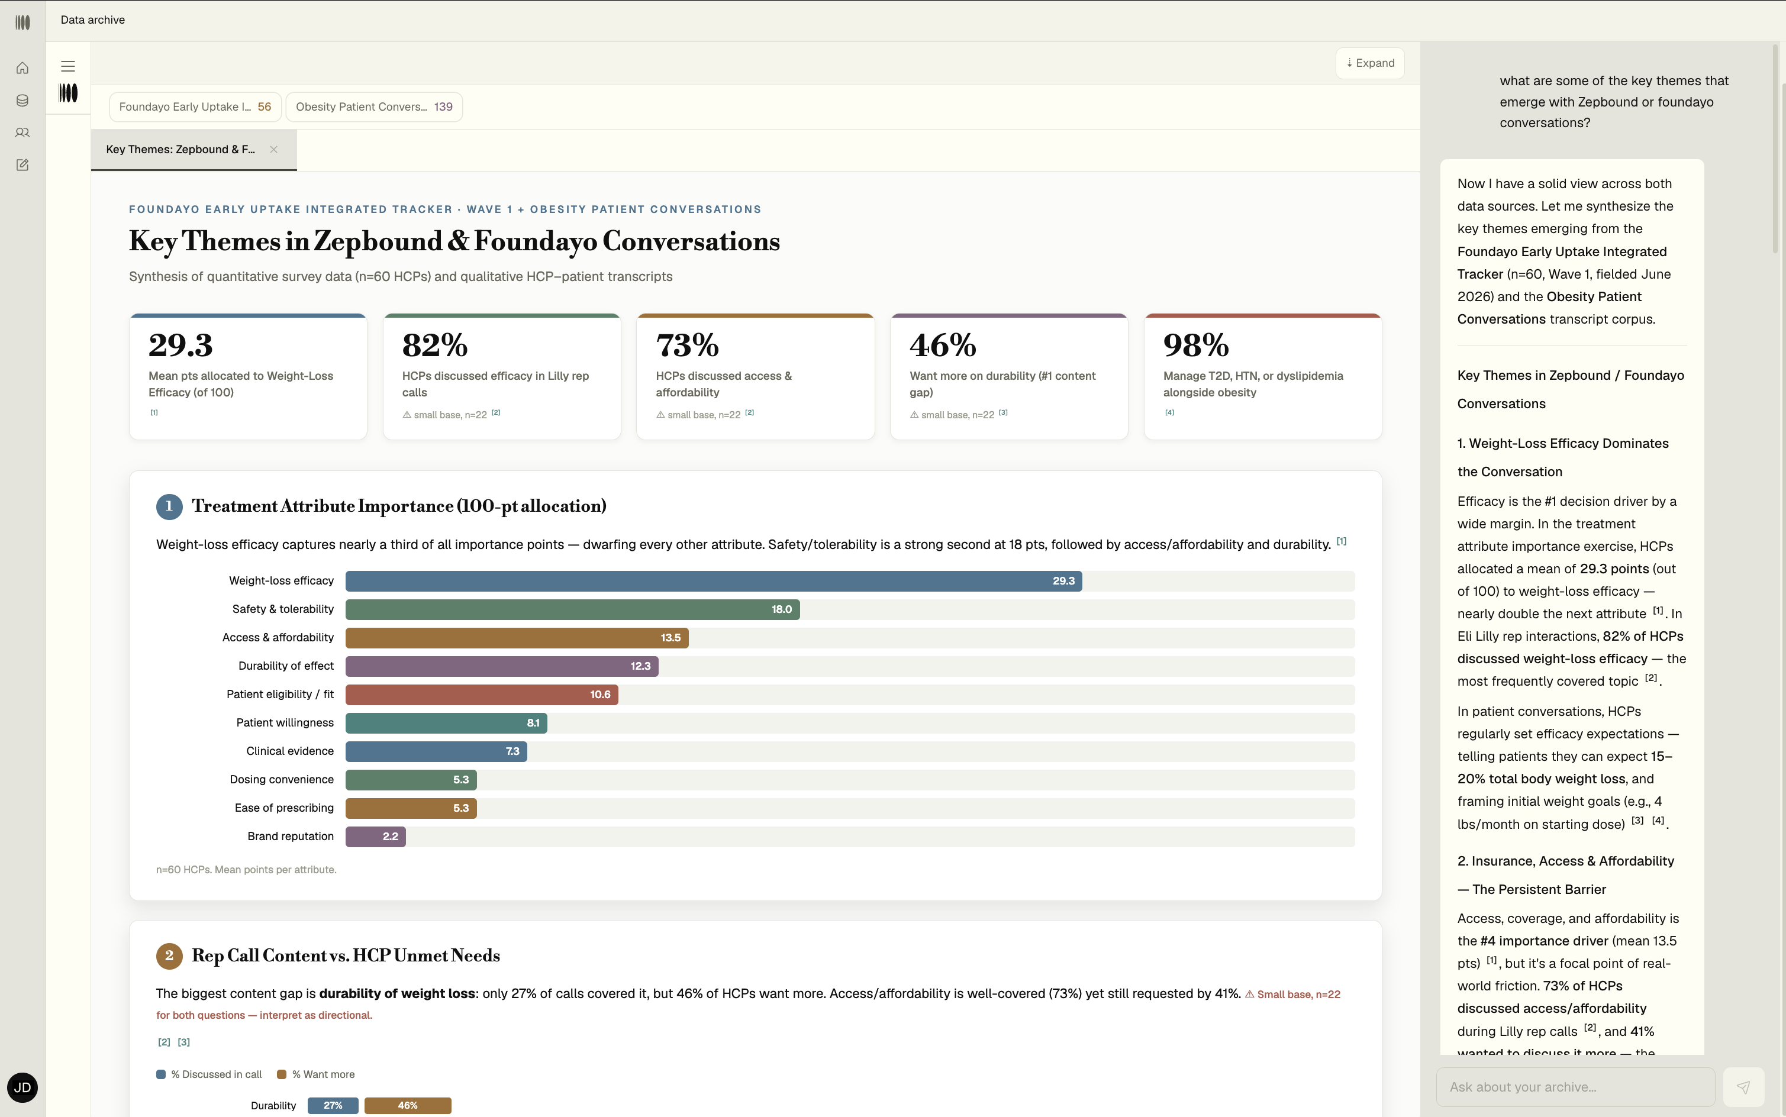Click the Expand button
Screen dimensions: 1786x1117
point(1370,63)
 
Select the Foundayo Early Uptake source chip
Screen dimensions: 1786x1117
point(195,107)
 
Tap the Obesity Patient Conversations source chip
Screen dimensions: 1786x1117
point(374,107)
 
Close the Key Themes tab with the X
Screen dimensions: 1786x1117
point(274,149)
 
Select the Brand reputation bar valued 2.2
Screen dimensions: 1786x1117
point(375,837)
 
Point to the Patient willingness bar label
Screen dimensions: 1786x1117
point(285,722)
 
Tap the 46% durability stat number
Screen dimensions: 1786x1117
point(943,345)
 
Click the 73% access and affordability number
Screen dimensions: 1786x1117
point(687,345)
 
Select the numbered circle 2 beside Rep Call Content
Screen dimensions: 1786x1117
point(169,955)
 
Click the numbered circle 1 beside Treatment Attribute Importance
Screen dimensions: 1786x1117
point(169,506)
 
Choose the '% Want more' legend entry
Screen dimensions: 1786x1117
point(315,1074)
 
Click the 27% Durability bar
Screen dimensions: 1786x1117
point(333,1106)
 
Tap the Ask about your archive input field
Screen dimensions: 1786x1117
point(1575,1087)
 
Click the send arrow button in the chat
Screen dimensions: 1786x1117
point(1743,1087)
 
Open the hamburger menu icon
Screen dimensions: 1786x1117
point(68,66)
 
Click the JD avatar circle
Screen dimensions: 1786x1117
point(22,1087)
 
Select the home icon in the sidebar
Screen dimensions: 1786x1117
point(22,68)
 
